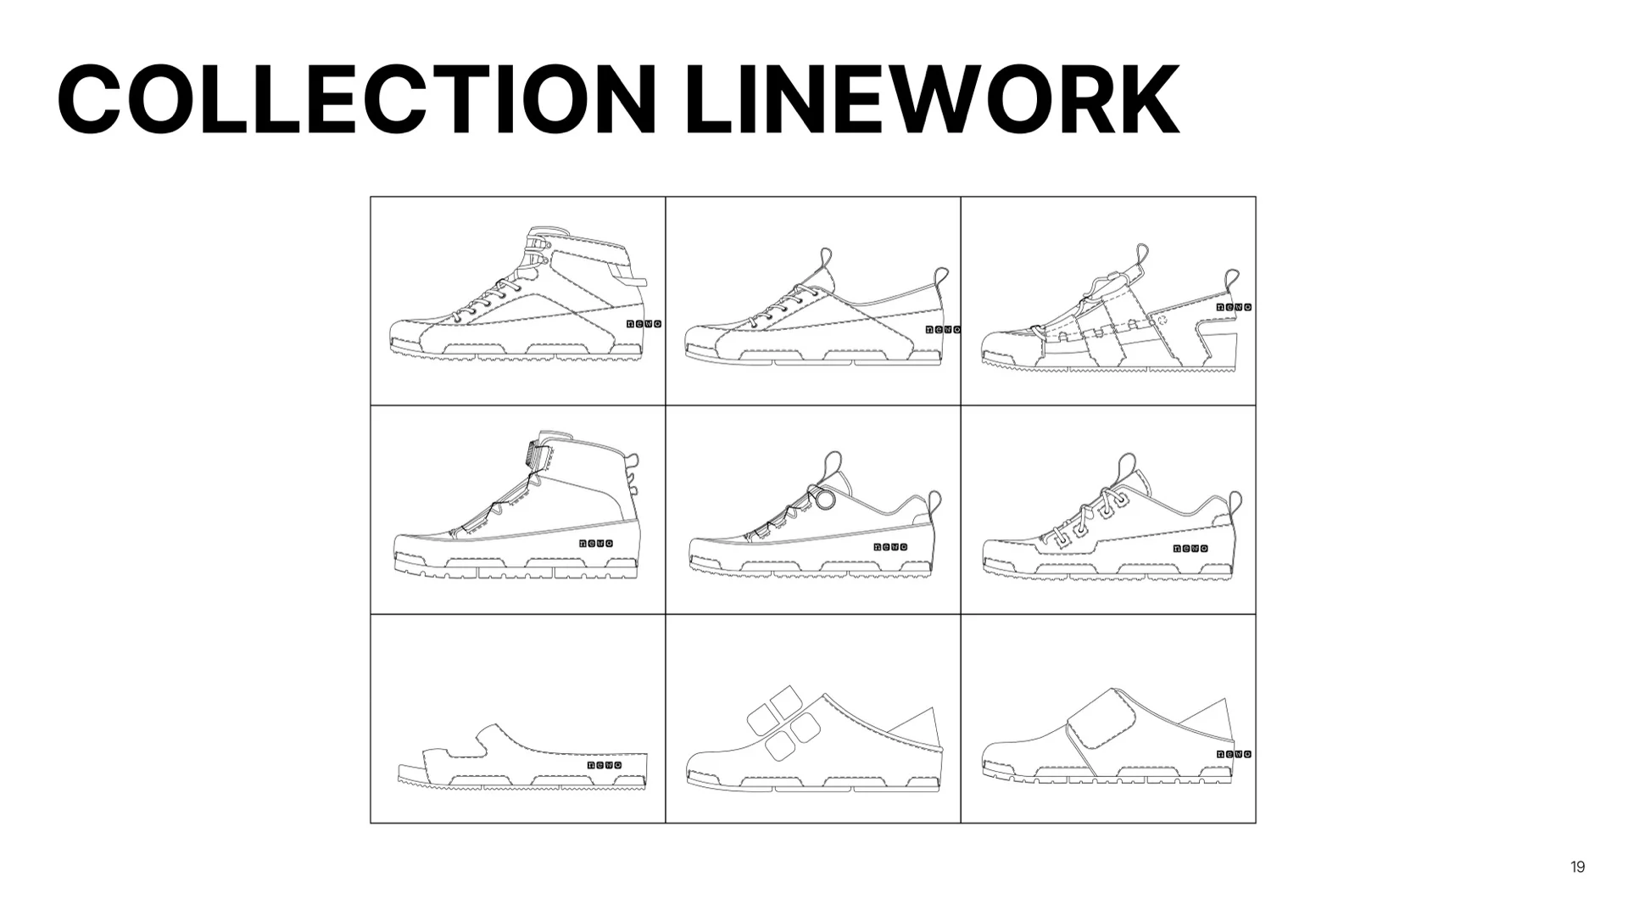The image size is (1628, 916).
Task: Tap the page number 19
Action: tap(1577, 867)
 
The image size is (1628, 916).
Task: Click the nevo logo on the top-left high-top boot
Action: tap(644, 324)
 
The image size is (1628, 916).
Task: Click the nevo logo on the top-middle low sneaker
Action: tap(942, 329)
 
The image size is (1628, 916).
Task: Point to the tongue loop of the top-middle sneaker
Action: tap(826, 259)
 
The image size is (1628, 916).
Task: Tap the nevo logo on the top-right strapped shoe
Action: tap(1234, 307)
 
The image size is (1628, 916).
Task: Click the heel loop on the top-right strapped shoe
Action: tap(1231, 280)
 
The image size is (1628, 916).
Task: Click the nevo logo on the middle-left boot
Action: tap(595, 544)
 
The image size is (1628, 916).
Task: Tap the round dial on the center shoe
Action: tap(825, 500)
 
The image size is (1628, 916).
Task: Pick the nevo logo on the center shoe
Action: tap(890, 547)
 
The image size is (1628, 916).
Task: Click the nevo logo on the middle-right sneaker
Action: tap(1190, 549)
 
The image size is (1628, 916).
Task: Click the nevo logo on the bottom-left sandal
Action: tap(605, 765)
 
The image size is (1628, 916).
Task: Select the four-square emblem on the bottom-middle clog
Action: tap(783, 723)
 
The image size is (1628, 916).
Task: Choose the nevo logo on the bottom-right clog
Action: tap(1234, 754)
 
